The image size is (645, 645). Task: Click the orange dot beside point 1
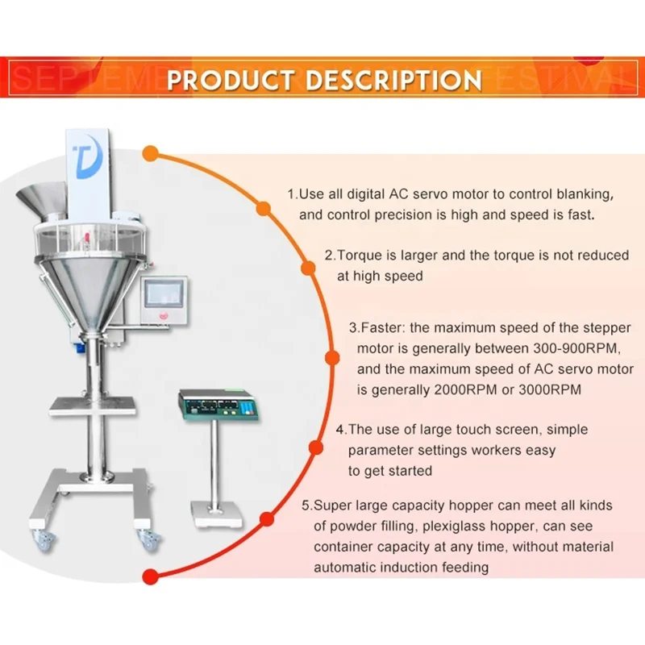coord(263,209)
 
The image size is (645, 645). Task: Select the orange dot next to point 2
coord(308,267)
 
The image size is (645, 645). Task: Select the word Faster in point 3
coord(382,328)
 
